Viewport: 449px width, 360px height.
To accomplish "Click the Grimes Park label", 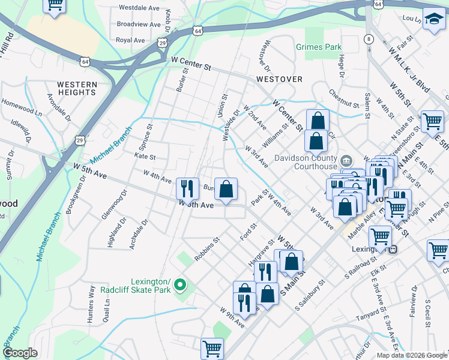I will coord(318,47).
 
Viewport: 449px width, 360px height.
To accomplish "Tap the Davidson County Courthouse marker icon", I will coord(347,161).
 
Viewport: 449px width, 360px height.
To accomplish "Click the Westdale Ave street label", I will coord(139,8).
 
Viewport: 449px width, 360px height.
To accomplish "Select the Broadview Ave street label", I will coord(139,25).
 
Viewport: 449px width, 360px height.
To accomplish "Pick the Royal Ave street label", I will coord(131,40).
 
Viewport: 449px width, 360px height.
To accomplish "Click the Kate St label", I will coord(145,157).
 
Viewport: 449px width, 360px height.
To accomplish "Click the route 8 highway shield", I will coord(367,39).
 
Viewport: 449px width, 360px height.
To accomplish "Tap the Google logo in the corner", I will coord(20,352).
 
